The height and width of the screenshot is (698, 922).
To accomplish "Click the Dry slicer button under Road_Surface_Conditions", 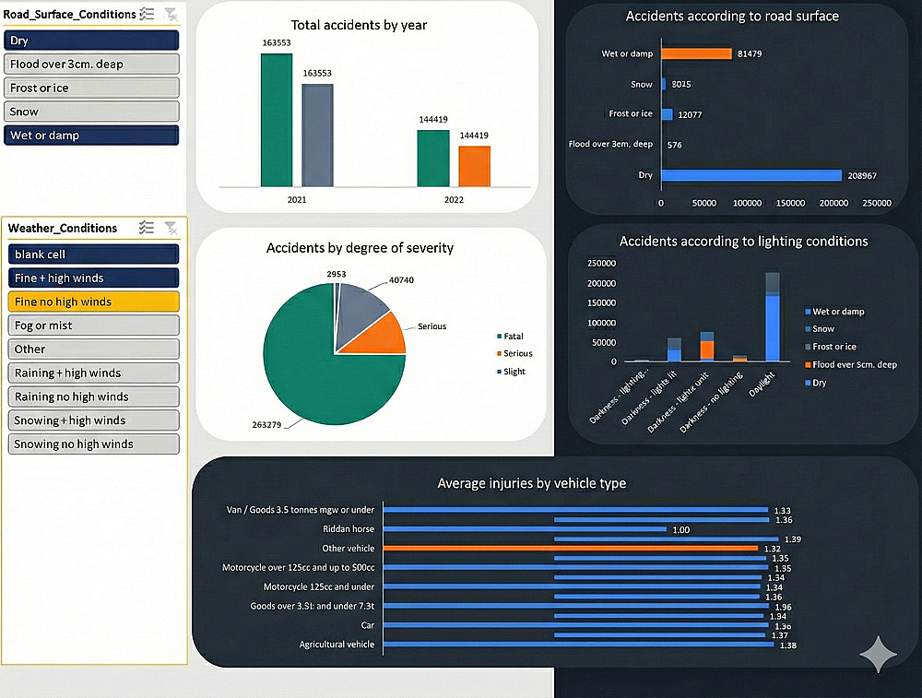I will tap(90, 41).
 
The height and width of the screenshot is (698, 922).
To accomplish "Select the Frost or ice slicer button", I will tap(90, 88).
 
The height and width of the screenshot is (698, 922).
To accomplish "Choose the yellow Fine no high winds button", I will tap(93, 302).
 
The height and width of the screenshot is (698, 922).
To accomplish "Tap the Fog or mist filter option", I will tap(93, 325).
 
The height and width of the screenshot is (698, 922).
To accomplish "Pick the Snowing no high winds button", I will tap(93, 444).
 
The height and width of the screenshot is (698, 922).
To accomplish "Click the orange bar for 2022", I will tap(475, 166).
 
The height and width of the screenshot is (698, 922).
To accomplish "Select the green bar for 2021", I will tap(277, 120).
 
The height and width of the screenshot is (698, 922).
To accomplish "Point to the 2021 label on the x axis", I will tap(297, 200).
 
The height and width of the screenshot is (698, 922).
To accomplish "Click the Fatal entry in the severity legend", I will tap(513, 337).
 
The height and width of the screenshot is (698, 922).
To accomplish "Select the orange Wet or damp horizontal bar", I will tap(696, 53).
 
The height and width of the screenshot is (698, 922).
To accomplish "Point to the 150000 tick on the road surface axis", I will tap(790, 204).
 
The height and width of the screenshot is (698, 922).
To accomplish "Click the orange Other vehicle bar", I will tap(570, 549).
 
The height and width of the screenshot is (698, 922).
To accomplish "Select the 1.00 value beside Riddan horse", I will tap(680, 530).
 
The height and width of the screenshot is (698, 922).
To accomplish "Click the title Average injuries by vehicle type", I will tap(531, 483).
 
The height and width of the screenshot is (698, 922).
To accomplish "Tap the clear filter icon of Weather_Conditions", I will tap(171, 228).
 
